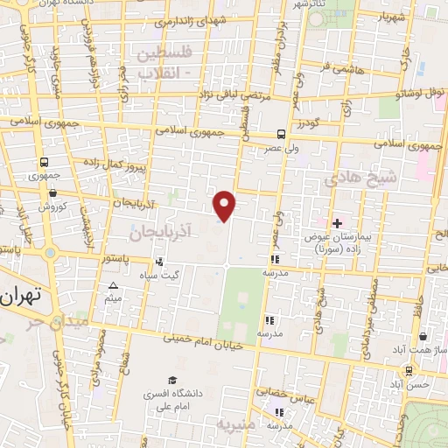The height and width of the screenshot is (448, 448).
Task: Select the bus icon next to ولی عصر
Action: pos(281,135)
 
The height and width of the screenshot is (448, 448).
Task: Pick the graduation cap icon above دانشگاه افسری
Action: pos(172,381)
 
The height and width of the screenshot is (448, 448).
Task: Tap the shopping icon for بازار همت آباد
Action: pos(423,336)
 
